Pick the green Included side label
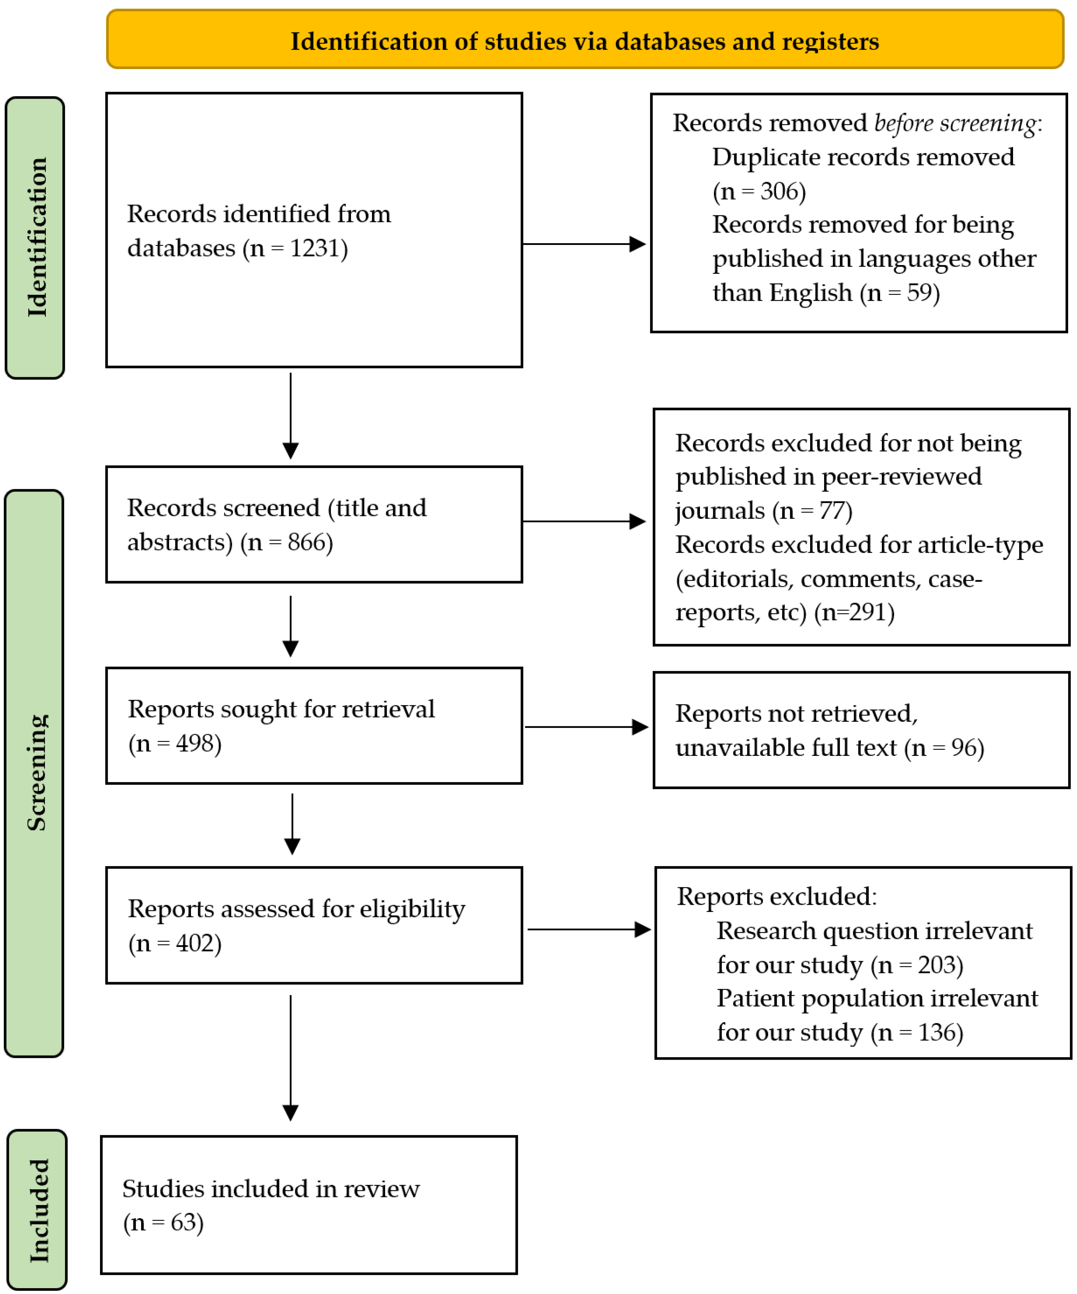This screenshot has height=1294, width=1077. pos(37,1210)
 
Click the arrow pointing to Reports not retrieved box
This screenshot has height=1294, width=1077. pos(585,727)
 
